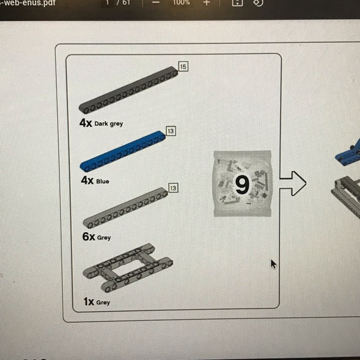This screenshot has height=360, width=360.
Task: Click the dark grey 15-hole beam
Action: [128, 90]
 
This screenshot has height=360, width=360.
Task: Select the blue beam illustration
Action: [123, 151]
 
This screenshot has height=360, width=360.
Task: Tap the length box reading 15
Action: [183, 66]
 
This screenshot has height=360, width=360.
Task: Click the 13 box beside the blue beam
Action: [171, 131]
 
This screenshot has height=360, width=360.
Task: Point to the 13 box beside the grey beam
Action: [173, 188]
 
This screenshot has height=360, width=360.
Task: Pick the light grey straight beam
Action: [125, 208]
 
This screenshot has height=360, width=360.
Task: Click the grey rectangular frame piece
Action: [128, 268]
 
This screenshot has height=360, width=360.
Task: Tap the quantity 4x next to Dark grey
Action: [86, 123]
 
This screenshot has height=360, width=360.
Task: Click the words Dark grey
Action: [109, 124]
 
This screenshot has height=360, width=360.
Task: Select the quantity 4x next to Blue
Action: [88, 181]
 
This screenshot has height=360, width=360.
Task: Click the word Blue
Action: [102, 181]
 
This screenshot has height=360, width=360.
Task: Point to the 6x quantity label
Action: [89, 236]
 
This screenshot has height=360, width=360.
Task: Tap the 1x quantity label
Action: [89, 302]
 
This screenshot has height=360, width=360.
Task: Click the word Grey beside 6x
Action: [104, 237]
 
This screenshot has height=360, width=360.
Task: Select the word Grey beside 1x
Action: [103, 302]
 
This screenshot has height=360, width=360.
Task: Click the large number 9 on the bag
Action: [242, 184]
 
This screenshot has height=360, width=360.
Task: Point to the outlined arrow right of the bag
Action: [293, 184]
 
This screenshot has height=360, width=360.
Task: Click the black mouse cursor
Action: [273, 264]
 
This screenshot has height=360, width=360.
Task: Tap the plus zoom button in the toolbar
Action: [207, 2]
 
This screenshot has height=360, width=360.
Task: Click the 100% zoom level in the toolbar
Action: [181, 2]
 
